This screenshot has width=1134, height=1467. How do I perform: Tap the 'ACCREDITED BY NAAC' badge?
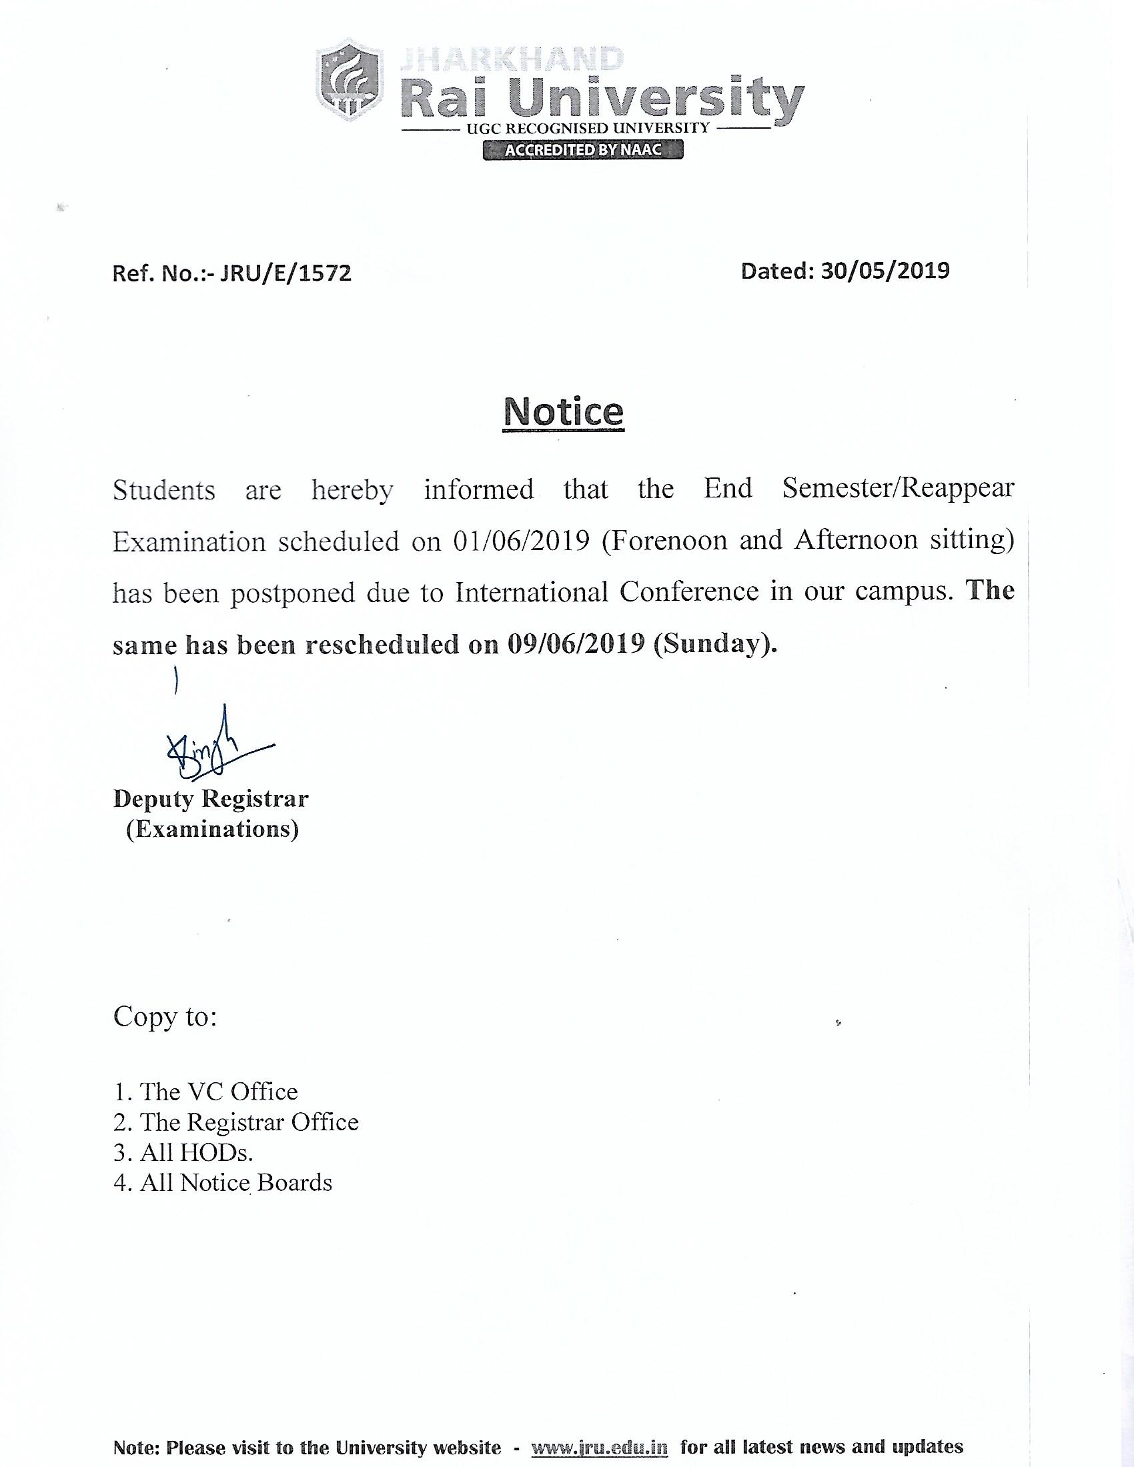point(582,150)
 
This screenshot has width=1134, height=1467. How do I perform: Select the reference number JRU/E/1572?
point(282,273)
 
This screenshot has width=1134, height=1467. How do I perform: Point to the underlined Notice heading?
point(564,411)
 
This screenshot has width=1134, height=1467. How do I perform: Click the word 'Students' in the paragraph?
point(164,489)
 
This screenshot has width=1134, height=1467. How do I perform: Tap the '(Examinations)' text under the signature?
point(212,829)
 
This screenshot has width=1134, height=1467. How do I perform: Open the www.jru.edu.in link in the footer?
point(599,1446)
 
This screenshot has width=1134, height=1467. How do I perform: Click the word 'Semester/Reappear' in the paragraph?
point(897,488)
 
